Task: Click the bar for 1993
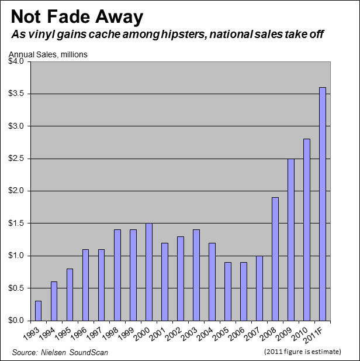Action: coord(38,311)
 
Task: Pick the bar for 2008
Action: coord(275,259)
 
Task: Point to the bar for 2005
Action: coord(227,291)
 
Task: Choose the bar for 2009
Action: coord(290,239)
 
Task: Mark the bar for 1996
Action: coord(85,285)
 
